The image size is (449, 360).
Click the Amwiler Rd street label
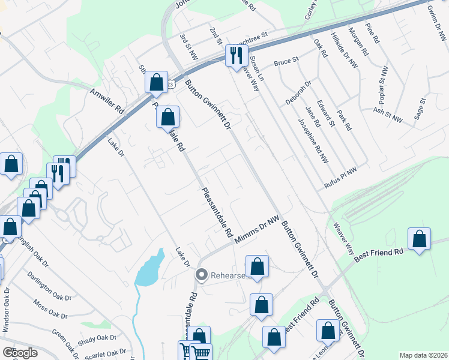107,101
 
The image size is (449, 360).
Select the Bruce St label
286,62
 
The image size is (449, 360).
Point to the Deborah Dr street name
298,93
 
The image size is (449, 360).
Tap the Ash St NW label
388,115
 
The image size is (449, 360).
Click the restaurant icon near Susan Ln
236,55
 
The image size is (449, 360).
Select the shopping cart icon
202,353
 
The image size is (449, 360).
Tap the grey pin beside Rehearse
201,275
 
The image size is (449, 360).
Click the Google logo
20,353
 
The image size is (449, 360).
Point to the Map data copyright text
423,355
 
